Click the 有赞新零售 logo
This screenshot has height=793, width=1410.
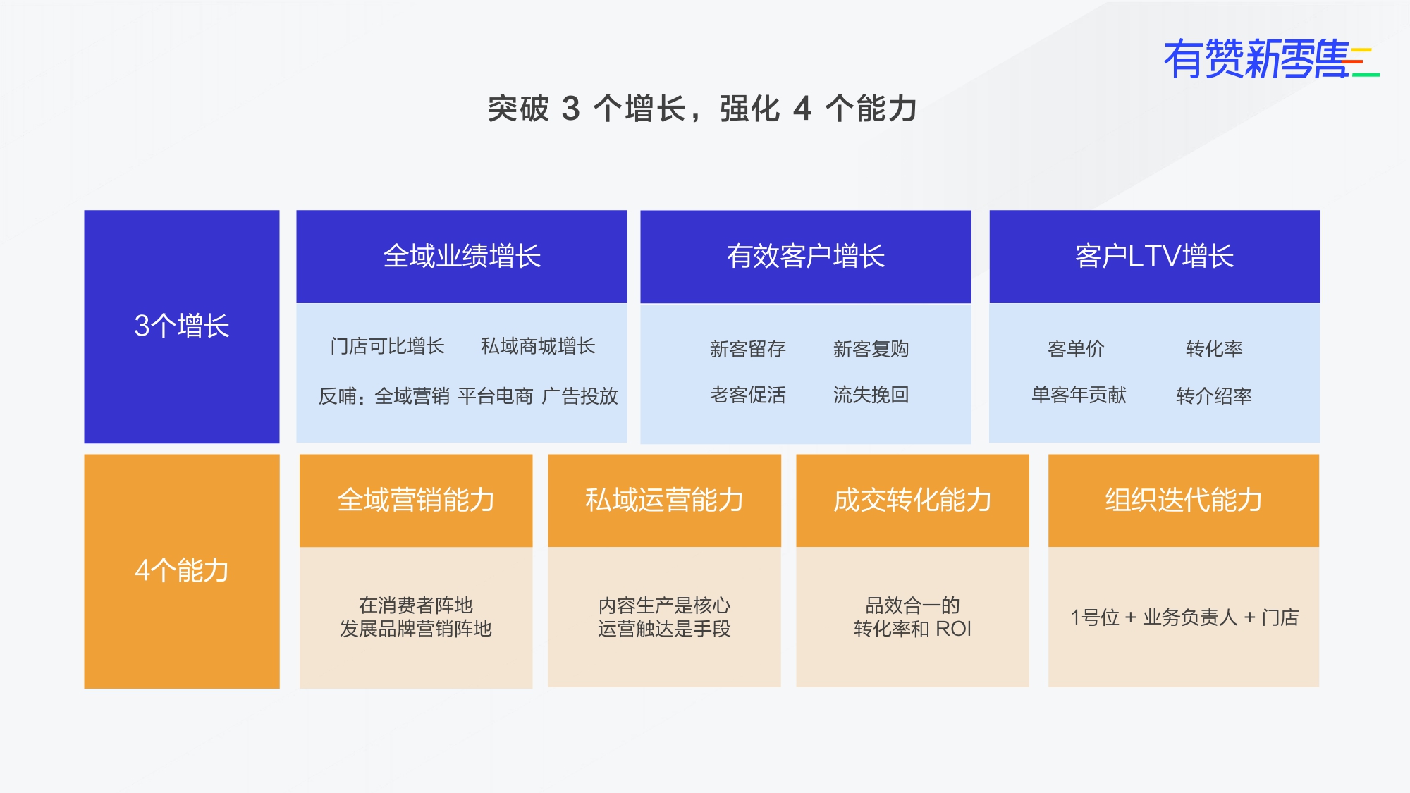[1271, 59]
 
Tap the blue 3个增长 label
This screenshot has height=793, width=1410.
[182, 326]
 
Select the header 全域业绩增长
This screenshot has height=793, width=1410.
[462, 257]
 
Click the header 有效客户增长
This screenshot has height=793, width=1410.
[806, 257]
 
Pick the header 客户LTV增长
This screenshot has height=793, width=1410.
[1155, 257]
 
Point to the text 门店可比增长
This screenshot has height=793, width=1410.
[387, 346]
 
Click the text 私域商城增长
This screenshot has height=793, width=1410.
[538, 346]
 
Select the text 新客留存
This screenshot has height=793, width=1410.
[747, 349]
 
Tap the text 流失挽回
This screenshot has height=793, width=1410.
[871, 395]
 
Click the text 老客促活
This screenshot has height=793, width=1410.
[747, 395]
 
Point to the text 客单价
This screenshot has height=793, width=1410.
[1076, 349]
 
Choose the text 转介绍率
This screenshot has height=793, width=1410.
[1213, 395]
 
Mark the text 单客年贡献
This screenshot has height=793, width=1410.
[1079, 395]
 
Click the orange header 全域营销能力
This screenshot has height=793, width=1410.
[416, 500]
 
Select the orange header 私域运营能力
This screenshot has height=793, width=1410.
[664, 500]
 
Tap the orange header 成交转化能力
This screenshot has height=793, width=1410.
[912, 500]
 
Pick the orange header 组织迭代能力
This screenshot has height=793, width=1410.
[1184, 500]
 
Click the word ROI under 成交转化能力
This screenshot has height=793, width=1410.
[953, 629]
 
